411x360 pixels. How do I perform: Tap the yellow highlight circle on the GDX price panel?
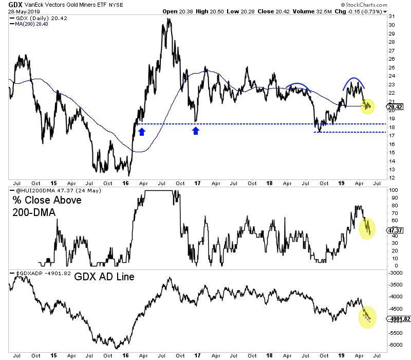tap(367, 106)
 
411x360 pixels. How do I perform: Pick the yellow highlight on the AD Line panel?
tap(367, 317)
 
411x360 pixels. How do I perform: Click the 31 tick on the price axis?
tap(391, 17)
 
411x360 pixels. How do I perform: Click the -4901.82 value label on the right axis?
tap(399, 319)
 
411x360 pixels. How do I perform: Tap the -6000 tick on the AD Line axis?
tap(396, 345)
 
